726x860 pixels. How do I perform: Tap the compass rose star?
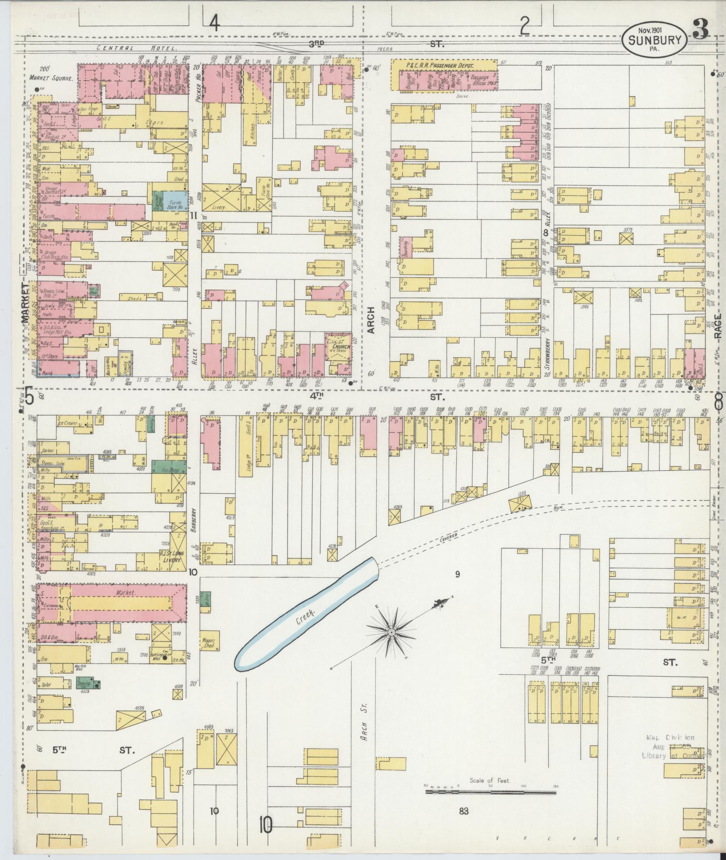pos(392,633)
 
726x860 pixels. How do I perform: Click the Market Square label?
pos(51,78)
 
